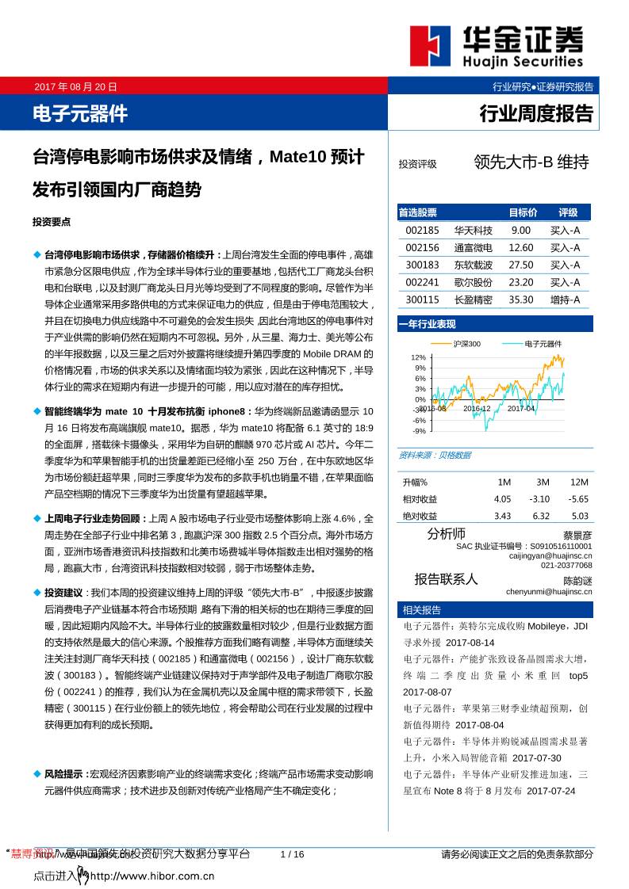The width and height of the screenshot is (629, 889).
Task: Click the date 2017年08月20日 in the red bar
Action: (76, 87)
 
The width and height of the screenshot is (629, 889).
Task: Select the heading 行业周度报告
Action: (536, 114)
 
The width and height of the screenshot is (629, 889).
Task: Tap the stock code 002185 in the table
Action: (421, 231)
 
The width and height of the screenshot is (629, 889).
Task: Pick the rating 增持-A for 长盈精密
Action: (565, 300)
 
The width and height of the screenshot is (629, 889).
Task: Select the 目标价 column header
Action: (523, 212)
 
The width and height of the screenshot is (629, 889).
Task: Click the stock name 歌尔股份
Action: (473, 283)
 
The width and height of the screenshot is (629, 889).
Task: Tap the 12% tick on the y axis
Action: (419, 357)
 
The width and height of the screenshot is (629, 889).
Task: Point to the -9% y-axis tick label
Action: (419, 431)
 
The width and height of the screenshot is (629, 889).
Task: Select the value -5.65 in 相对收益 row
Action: (578, 499)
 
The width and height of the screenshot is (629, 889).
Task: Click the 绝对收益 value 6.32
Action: (541, 516)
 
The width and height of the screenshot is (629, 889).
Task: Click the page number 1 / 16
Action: (293, 853)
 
